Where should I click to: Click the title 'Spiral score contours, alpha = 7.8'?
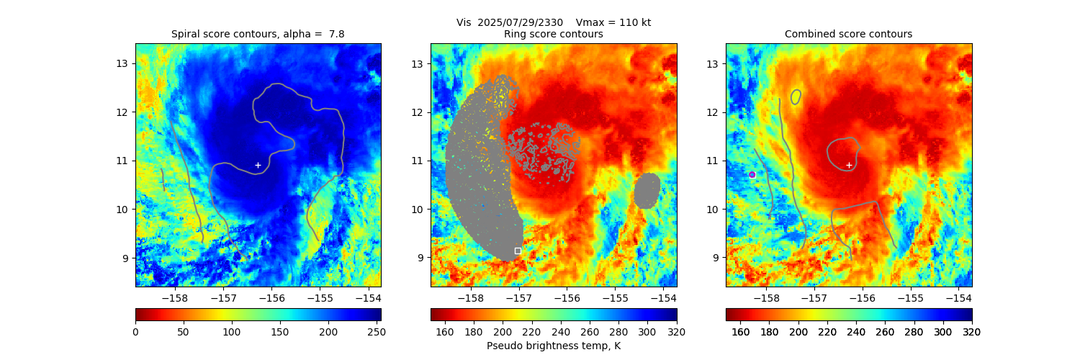click(x=258, y=34)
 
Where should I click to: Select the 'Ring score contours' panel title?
click(x=553, y=34)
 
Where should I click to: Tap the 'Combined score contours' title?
click(x=848, y=34)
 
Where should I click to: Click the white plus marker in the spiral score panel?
click(x=258, y=165)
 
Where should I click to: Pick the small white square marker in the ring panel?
click(x=518, y=251)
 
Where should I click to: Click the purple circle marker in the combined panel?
click(x=752, y=174)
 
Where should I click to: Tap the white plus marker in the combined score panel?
click(x=849, y=165)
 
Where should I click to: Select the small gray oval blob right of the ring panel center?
click(x=647, y=190)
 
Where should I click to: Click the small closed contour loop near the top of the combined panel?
click(x=796, y=96)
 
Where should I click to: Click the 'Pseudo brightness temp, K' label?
click(x=553, y=346)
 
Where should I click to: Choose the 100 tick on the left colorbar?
click(x=232, y=331)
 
